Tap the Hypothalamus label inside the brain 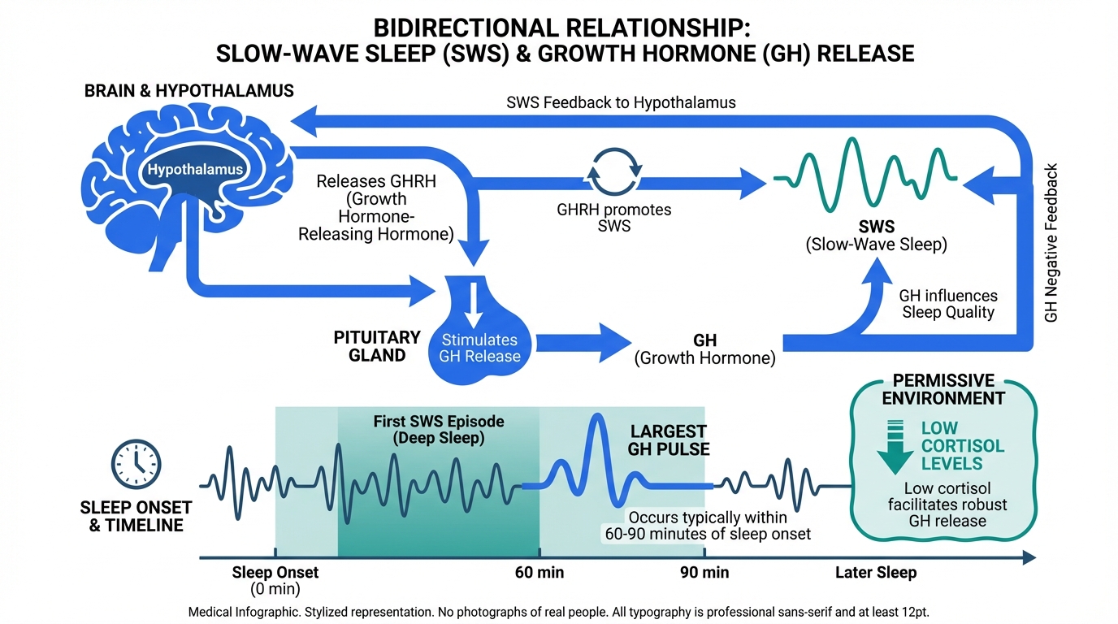(x=195, y=171)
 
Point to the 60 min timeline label (x=539, y=572)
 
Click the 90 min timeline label (x=704, y=572)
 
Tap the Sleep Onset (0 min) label (x=275, y=580)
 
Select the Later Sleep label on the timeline (x=876, y=572)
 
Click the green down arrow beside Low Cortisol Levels (x=895, y=445)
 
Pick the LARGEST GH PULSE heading (x=669, y=440)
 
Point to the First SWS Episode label (x=439, y=430)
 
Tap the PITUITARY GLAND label (x=377, y=346)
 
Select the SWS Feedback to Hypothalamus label (x=621, y=102)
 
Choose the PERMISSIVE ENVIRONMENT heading (x=943, y=389)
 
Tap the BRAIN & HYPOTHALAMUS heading (x=189, y=91)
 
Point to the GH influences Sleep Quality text (x=948, y=304)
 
